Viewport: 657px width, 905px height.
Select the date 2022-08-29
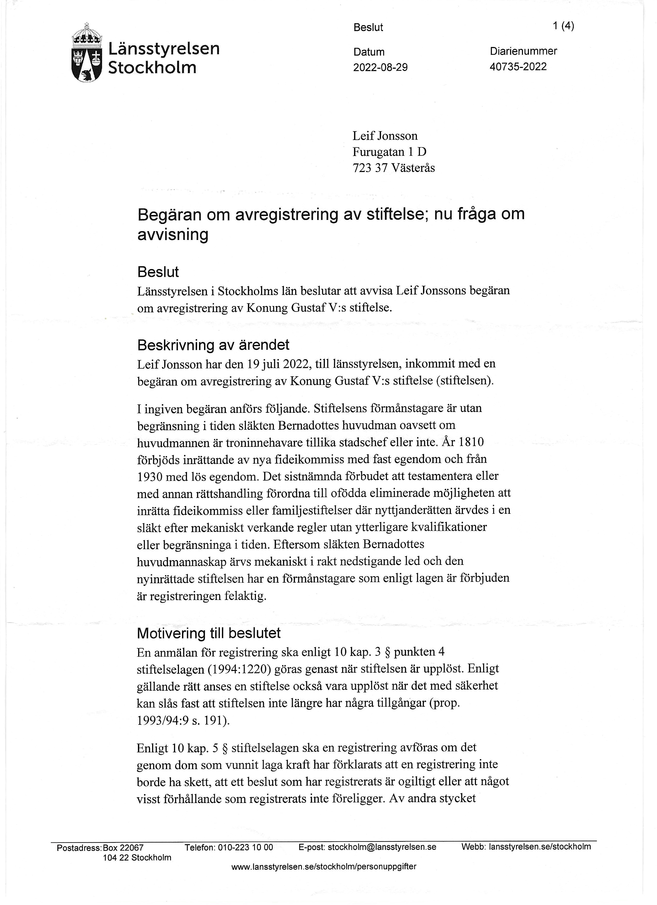380,67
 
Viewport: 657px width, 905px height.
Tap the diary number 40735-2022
518,67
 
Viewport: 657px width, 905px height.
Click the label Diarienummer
523,51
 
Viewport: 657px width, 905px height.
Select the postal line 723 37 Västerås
393,168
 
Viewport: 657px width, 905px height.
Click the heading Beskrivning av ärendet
213,345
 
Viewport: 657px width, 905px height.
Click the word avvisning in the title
173,235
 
